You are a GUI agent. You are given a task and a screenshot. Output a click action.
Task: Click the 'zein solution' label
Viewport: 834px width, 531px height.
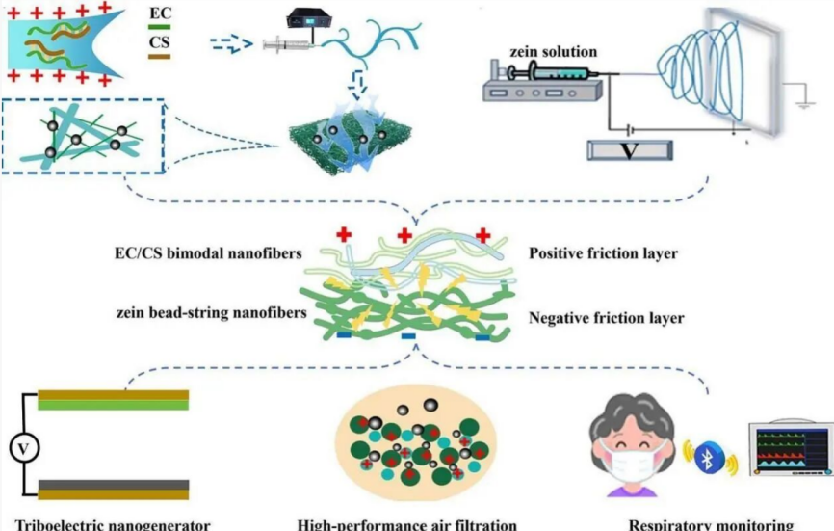[x=557, y=51]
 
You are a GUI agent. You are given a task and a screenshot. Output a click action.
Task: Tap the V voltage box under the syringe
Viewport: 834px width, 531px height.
[x=630, y=150]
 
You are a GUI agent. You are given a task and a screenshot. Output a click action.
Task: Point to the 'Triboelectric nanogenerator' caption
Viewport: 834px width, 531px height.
[x=106, y=525]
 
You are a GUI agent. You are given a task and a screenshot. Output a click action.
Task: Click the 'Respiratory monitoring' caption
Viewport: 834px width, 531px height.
[x=712, y=525]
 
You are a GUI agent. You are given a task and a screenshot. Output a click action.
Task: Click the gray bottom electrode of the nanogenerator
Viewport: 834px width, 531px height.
[x=114, y=488]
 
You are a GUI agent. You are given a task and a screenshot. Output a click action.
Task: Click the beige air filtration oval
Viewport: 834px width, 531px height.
[x=415, y=444]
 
